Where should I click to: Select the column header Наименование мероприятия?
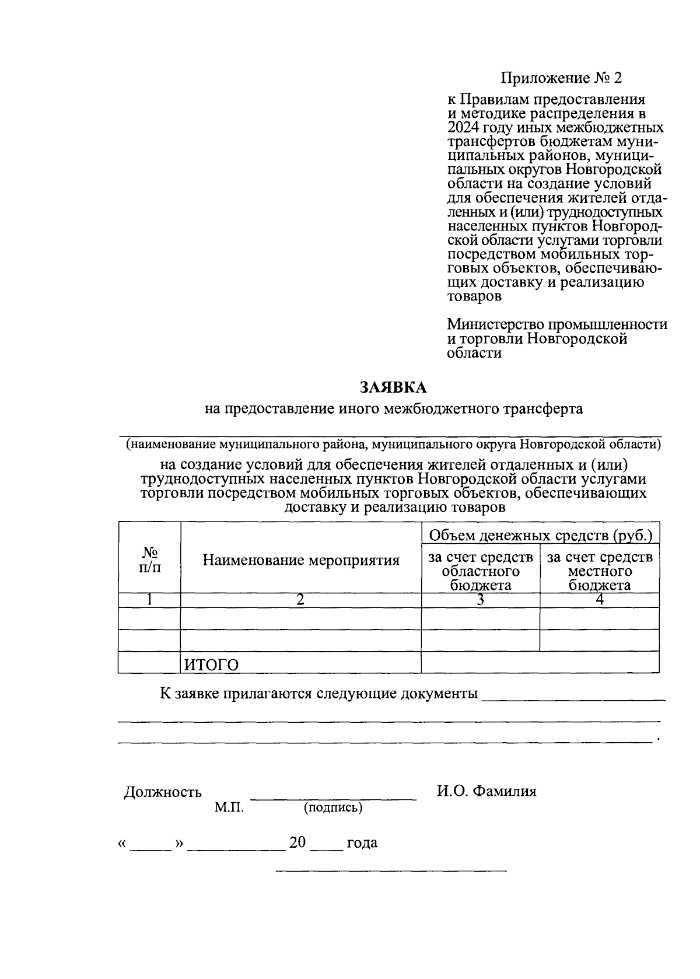[x=301, y=561]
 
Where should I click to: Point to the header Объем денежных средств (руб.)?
[x=540, y=534]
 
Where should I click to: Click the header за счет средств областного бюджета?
[x=481, y=571]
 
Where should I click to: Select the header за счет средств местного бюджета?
[x=600, y=571]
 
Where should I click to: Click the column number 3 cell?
[x=480, y=600]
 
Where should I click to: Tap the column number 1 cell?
[x=150, y=600]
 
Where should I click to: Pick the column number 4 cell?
[x=600, y=600]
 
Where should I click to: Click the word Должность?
[x=163, y=792]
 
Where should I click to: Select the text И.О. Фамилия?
[x=487, y=791]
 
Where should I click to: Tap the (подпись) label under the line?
[x=333, y=807]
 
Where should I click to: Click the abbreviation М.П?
[x=229, y=807]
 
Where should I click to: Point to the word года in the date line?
[x=362, y=843]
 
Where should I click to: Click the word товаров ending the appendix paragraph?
[x=474, y=296]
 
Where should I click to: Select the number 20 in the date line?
[x=297, y=842]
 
